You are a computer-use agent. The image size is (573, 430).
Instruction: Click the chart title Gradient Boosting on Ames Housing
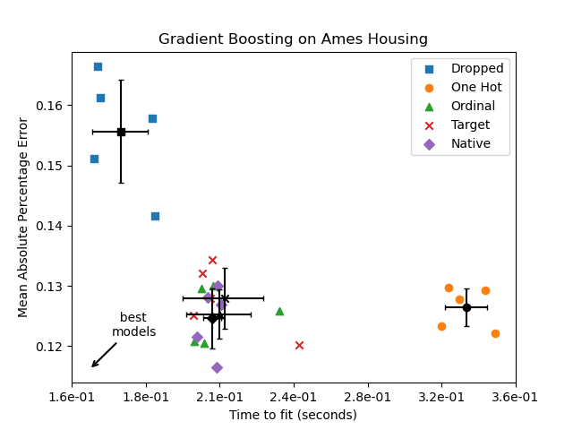tap(293, 39)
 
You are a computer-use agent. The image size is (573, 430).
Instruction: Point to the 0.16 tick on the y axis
tap(50, 106)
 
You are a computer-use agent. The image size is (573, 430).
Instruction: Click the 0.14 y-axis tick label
tap(50, 226)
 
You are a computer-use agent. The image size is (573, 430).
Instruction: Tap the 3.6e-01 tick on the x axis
tap(515, 398)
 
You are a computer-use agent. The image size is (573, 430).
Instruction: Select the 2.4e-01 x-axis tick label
tap(294, 398)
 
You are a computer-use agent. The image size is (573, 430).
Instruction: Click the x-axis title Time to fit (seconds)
tap(293, 415)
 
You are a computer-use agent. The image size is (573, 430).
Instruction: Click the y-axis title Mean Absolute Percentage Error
tap(24, 217)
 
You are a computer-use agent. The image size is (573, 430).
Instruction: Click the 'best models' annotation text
tap(133, 325)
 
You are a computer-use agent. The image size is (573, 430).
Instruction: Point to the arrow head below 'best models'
tap(93, 365)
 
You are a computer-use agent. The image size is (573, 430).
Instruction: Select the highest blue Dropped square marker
tap(98, 66)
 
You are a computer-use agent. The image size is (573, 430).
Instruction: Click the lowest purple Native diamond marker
tap(217, 367)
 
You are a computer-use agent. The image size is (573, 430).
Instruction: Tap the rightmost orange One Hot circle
tap(495, 333)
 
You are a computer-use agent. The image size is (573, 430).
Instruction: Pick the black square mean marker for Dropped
tap(121, 132)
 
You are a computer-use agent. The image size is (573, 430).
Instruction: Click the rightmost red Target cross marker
tap(299, 345)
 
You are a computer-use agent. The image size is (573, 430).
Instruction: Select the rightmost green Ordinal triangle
tap(279, 311)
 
